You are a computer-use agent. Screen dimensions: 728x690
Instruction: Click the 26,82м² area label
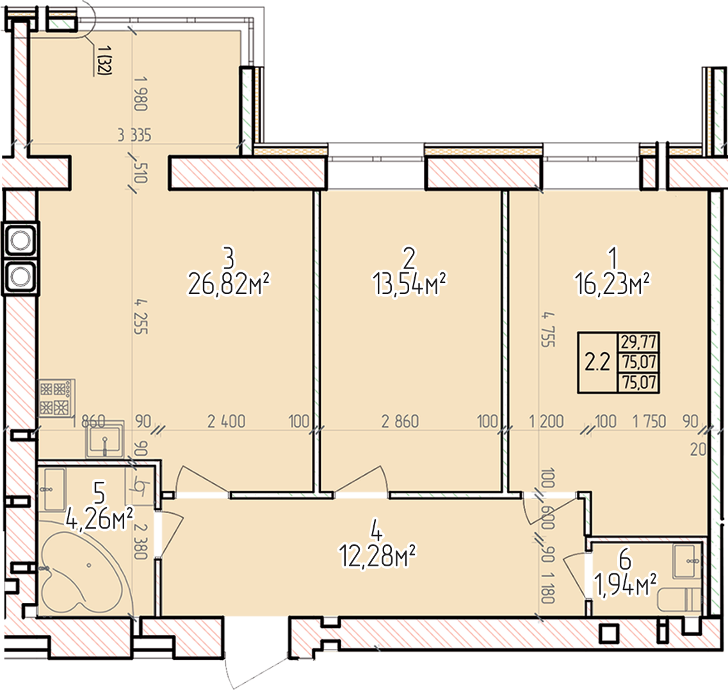(x=229, y=284)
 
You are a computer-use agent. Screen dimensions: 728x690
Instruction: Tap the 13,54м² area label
(x=409, y=284)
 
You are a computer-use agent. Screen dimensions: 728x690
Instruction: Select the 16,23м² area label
(x=612, y=284)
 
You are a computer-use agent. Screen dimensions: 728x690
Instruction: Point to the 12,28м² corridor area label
(x=377, y=555)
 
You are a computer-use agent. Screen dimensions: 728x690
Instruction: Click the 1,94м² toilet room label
(x=626, y=586)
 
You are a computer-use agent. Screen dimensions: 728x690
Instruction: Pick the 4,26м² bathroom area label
(x=99, y=519)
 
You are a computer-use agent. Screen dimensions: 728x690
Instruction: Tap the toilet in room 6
(x=679, y=600)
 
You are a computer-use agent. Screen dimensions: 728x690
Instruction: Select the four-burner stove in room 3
(x=56, y=398)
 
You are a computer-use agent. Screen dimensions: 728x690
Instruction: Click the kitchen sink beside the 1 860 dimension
(x=105, y=439)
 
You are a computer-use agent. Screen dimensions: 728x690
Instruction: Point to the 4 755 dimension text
(x=548, y=329)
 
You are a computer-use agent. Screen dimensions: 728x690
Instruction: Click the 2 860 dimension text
(x=400, y=422)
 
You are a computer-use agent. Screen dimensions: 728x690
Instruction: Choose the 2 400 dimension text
(x=226, y=422)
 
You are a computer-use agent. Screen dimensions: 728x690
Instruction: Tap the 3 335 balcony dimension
(x=134, y=135)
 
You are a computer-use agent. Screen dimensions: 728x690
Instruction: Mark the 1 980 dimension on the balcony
(x=141, y=94)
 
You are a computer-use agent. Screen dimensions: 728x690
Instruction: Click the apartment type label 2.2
(x=597, y=362)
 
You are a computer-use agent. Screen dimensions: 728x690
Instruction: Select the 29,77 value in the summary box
(x=639, y=343)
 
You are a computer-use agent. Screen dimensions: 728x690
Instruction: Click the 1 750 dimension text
(x=649, y=422)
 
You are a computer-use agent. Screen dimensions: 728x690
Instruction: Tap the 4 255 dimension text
(x=141, y=317)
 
